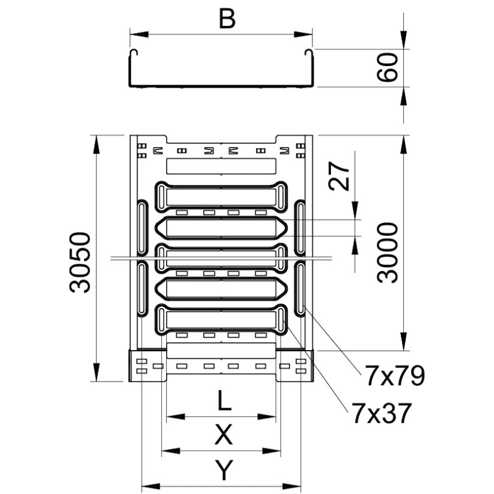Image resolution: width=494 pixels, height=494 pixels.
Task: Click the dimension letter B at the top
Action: click(x=227, y=19)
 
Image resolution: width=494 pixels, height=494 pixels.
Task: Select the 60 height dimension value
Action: click(x=388, y=68)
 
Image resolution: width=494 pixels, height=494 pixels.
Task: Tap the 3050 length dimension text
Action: click(x=80, y=262)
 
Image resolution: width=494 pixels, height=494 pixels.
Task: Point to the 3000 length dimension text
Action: click(x=388, y=253)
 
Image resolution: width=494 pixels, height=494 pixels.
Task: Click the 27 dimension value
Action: click(x=339, y=176)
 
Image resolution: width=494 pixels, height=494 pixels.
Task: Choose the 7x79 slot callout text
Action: click(x=395, y=376)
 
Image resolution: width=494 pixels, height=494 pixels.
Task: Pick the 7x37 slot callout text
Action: click(x=382, y=413)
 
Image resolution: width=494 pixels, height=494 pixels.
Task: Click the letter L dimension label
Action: click(x=224, y=401)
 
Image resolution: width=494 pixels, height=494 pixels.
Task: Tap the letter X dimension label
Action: click(x=224, y=435)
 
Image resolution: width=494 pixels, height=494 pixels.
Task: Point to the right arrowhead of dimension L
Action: click(x=267, y=417)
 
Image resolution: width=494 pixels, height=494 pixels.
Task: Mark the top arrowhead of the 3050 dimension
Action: click(x=96, y=144)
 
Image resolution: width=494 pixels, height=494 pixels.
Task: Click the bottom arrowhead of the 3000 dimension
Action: click(x=404, y=341)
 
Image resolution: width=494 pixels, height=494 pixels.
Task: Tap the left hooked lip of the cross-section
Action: click(x=133, y=53)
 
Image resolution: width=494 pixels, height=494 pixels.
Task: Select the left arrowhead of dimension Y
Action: click(x=151, y=486)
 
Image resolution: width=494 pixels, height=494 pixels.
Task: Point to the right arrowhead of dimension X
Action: click(x=271, y=451)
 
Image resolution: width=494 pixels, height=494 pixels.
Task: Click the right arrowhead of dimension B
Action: click(x=303, y=35)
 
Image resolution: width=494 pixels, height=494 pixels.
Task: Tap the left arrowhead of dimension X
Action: click(x=171, y=451)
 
